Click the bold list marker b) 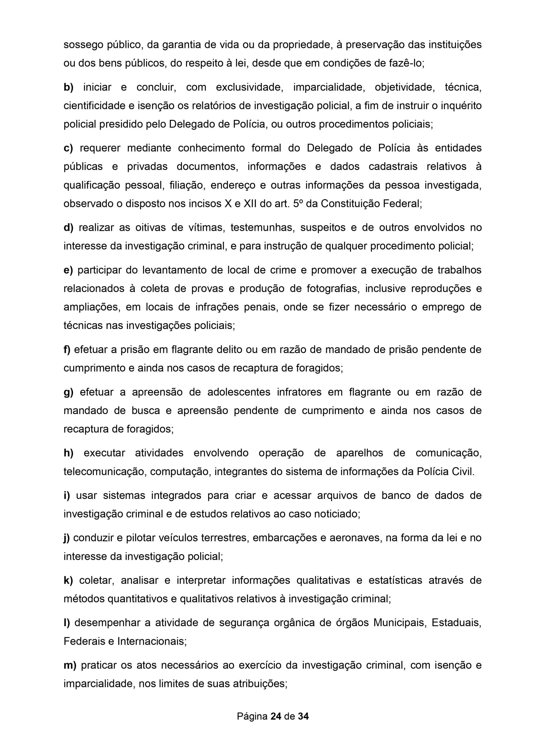(x=68, y=87)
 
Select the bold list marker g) (x=68, y=392)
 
